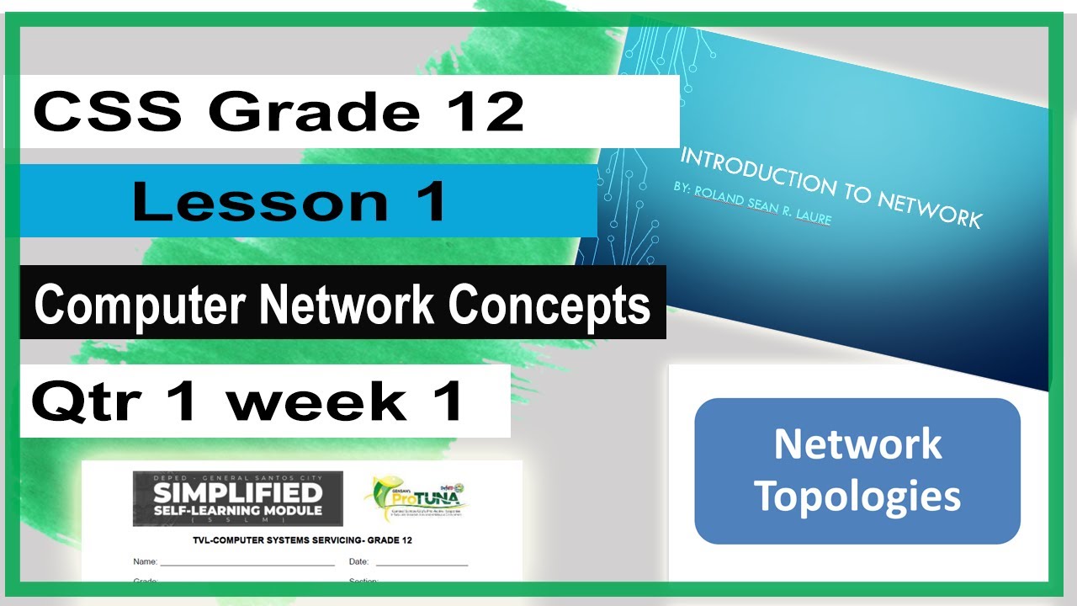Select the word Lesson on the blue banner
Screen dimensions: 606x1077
(x=244, y=202)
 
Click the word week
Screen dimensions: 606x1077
(x=316, y=401)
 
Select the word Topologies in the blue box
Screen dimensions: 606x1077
(x=857, y=496)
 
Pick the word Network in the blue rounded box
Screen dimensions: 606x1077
(x=857, y=444)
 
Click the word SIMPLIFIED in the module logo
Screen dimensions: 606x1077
(x=238, y=492)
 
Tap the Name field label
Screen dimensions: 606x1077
(x=145, y=561)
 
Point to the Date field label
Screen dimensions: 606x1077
(x=359, y=561)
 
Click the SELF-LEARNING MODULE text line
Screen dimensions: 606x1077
(x=238, y=510)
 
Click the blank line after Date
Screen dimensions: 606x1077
(x=421, y=563)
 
